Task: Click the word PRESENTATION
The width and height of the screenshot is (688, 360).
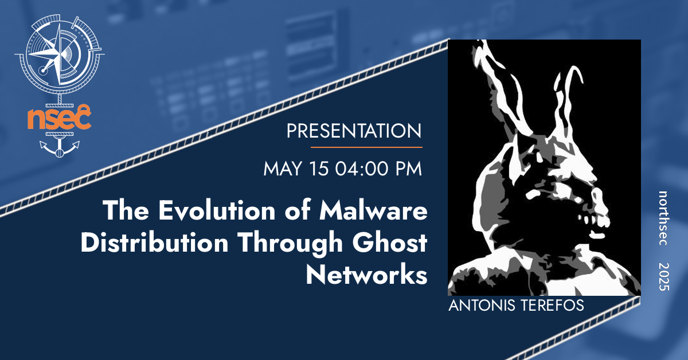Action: point(354,131)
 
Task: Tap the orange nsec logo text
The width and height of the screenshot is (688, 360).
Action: point(59,119)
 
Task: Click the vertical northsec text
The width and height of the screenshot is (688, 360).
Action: point(663,218)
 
